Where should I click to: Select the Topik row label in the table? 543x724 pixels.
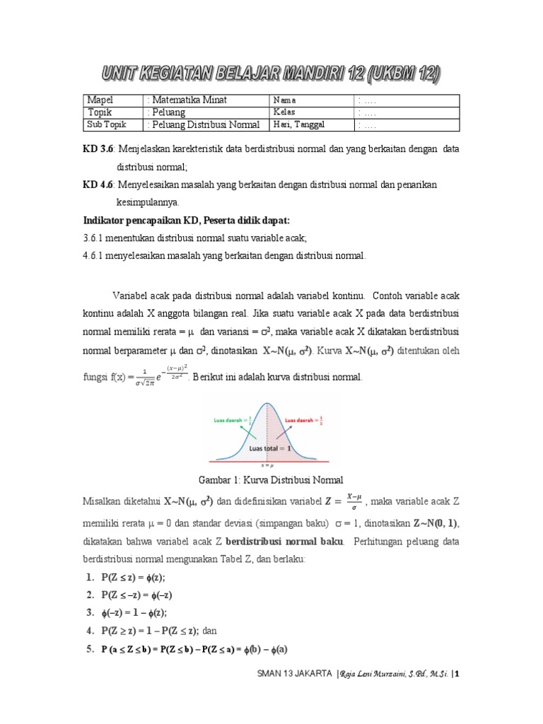tap(100, 112)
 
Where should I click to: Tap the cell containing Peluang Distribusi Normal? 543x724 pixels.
tap(204, 125)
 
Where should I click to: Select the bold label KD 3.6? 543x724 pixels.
tap(99, 149)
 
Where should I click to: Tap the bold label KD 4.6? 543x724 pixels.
tap(99, 185)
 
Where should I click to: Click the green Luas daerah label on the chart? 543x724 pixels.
tap(228, 419)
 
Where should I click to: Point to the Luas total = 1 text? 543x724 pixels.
tap(270, 447)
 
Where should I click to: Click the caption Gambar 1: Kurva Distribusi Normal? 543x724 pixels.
tap(271, 480)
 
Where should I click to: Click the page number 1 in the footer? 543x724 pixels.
tap(457, 674)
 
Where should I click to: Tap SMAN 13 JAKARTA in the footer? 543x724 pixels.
tap(295, 674)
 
